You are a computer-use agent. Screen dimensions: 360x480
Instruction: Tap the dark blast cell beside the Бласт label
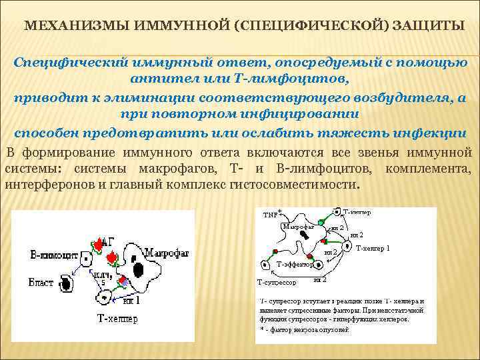pos(67,284)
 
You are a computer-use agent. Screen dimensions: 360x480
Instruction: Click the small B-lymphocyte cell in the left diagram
pos(87,257)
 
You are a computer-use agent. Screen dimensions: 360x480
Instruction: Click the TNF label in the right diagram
pos(271,215)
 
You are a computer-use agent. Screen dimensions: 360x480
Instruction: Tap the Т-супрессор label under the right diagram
pos(277,283)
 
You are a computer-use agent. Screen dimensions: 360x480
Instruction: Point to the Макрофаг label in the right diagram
pos(298,227)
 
